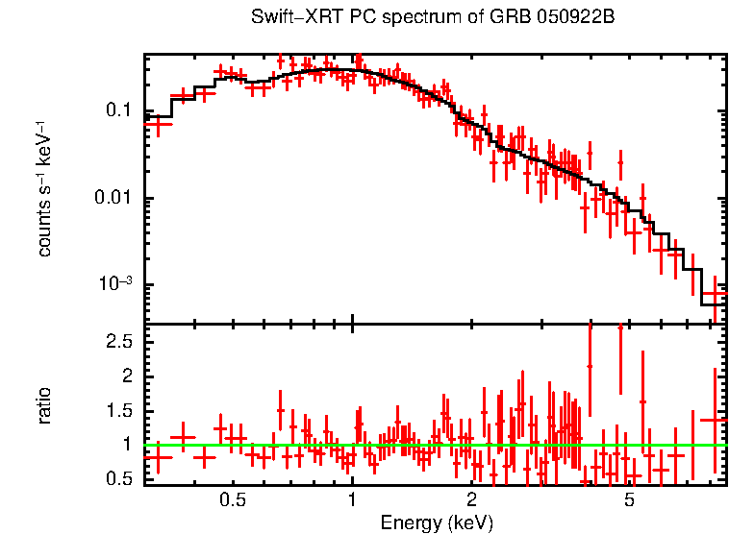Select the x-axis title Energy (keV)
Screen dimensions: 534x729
[x=437, y=523]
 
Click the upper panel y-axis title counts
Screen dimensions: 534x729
[x=44, y=222]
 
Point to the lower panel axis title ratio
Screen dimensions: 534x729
[x=44, y=405]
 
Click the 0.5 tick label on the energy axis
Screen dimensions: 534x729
[x=233, y=501]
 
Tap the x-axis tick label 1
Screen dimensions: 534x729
[x=352, y=501]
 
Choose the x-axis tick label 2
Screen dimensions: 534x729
[x=471, y=501]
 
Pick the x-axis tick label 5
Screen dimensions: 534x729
[x=629, y=501]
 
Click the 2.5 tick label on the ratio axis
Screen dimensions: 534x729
[x=119, y=342]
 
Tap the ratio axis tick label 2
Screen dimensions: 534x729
[x=126, y=376]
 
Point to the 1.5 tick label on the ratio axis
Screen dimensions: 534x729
[x=119, y=411]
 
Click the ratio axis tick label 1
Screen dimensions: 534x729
[x=126, y=445]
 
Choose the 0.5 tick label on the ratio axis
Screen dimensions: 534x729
[x=119, y=478]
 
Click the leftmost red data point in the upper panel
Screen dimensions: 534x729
[x=158, y=123]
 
